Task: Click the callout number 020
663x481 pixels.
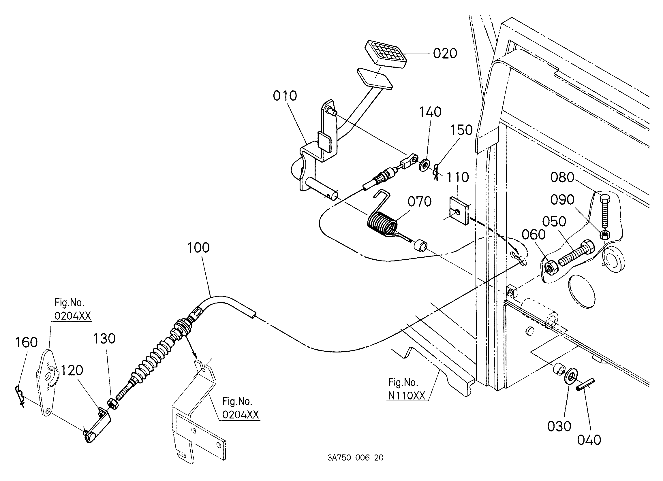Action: pyautogui.click(x=445, y=54)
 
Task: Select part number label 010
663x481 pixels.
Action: pyautogui.click(x=285, y=96)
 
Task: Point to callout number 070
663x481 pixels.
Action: pyautogui.click(x=420, y=202)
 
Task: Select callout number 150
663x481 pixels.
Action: pyautogui.click(x=461, y=130)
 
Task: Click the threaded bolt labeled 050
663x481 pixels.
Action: pyautogui.click(x=576, y=252)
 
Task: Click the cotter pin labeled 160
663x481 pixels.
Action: pyautogui.click(x=20, y=395)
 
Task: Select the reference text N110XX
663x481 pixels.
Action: pyautogui.click(x=407, y=395)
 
